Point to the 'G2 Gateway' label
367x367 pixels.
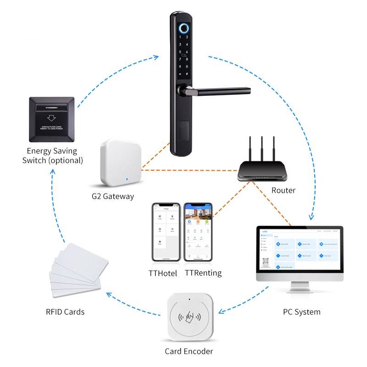(x=112, y=196)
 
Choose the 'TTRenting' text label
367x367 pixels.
(x=203, y=273)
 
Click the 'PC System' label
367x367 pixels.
(x=301, y=312)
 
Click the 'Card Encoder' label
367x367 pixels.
(x=189, y=352)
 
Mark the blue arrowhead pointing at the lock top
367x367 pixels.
(x=156, y=57)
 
